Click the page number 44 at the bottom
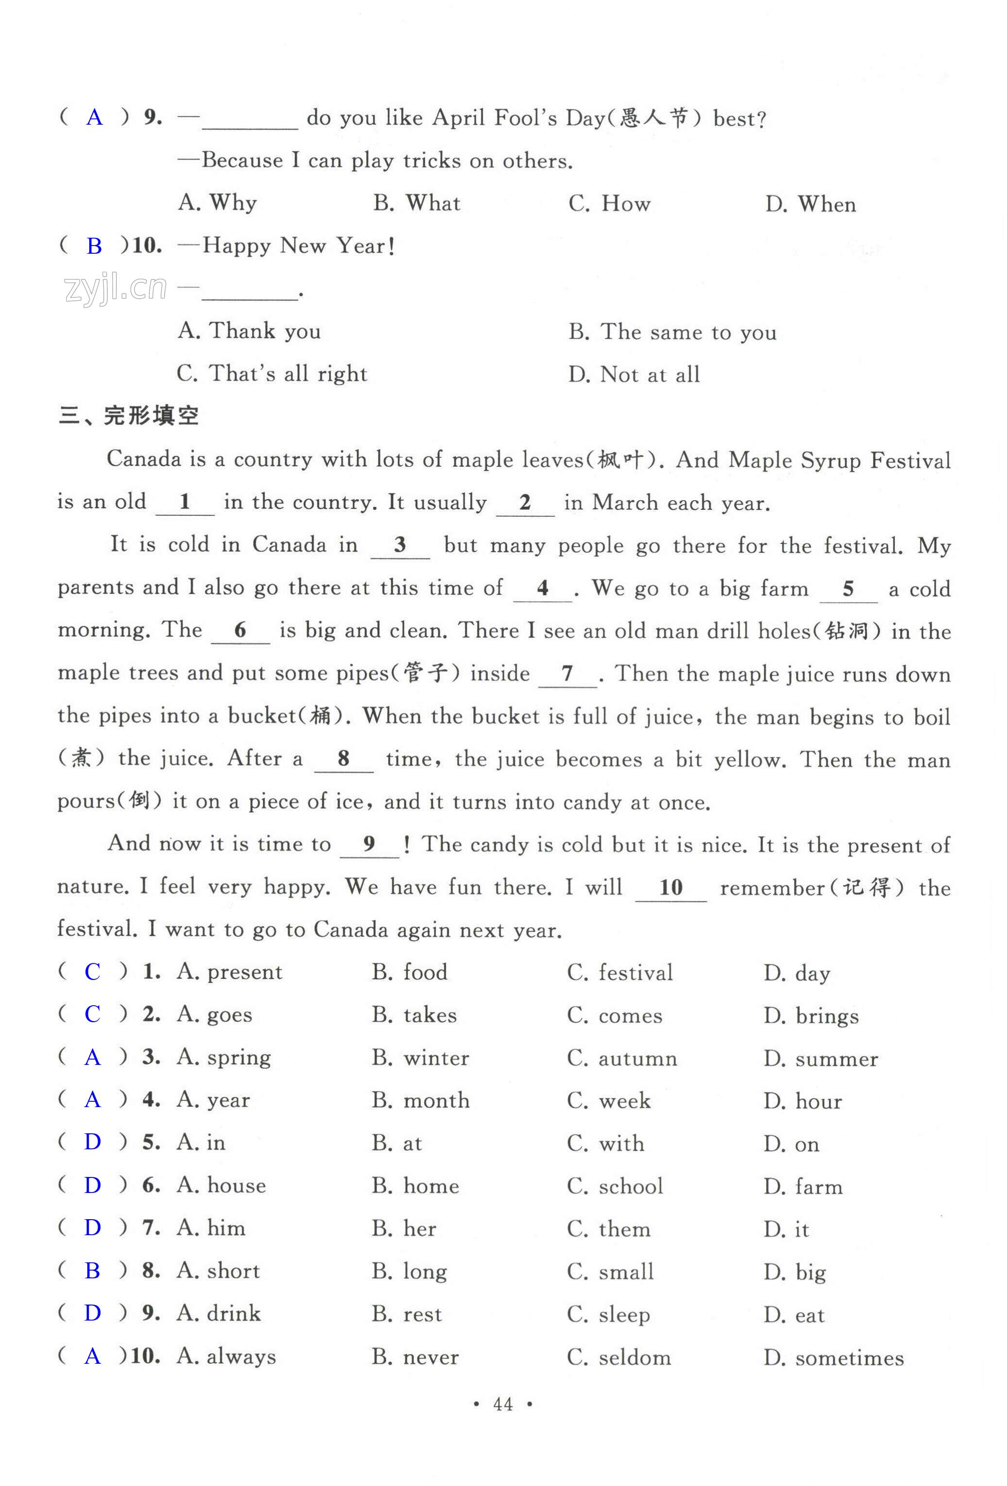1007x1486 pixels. click(x=503, y=1404)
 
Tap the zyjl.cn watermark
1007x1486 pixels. click(x=115, y=289)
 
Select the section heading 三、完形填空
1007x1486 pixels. click(x=129, y=416)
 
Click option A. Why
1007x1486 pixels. click(x=217, y=203)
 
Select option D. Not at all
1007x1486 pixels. click(x=634, y=374)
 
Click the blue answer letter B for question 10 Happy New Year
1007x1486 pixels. click(x=94, y=246)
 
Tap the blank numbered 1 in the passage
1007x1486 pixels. click(x=185, y=502)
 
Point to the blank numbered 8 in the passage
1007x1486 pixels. click(x=344, y=759)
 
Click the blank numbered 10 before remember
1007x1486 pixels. click(x=671, y=887)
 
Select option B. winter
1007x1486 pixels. click(x=420, y=1058)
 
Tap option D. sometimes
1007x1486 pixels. click(x=833, y=1357)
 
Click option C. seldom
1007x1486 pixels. click(x=619, y=1357)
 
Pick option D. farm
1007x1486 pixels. click(x=802, y=1187)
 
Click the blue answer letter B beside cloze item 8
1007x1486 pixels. click(x=93, y=1271)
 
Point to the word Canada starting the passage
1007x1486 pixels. click(x=143, y=459)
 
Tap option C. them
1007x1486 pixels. click(x=609, y=1229)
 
